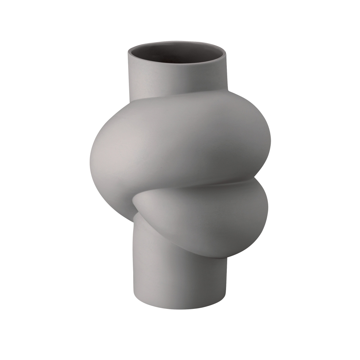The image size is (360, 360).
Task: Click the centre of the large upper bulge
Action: point(176,144)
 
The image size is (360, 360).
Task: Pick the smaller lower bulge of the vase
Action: point(216,212)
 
